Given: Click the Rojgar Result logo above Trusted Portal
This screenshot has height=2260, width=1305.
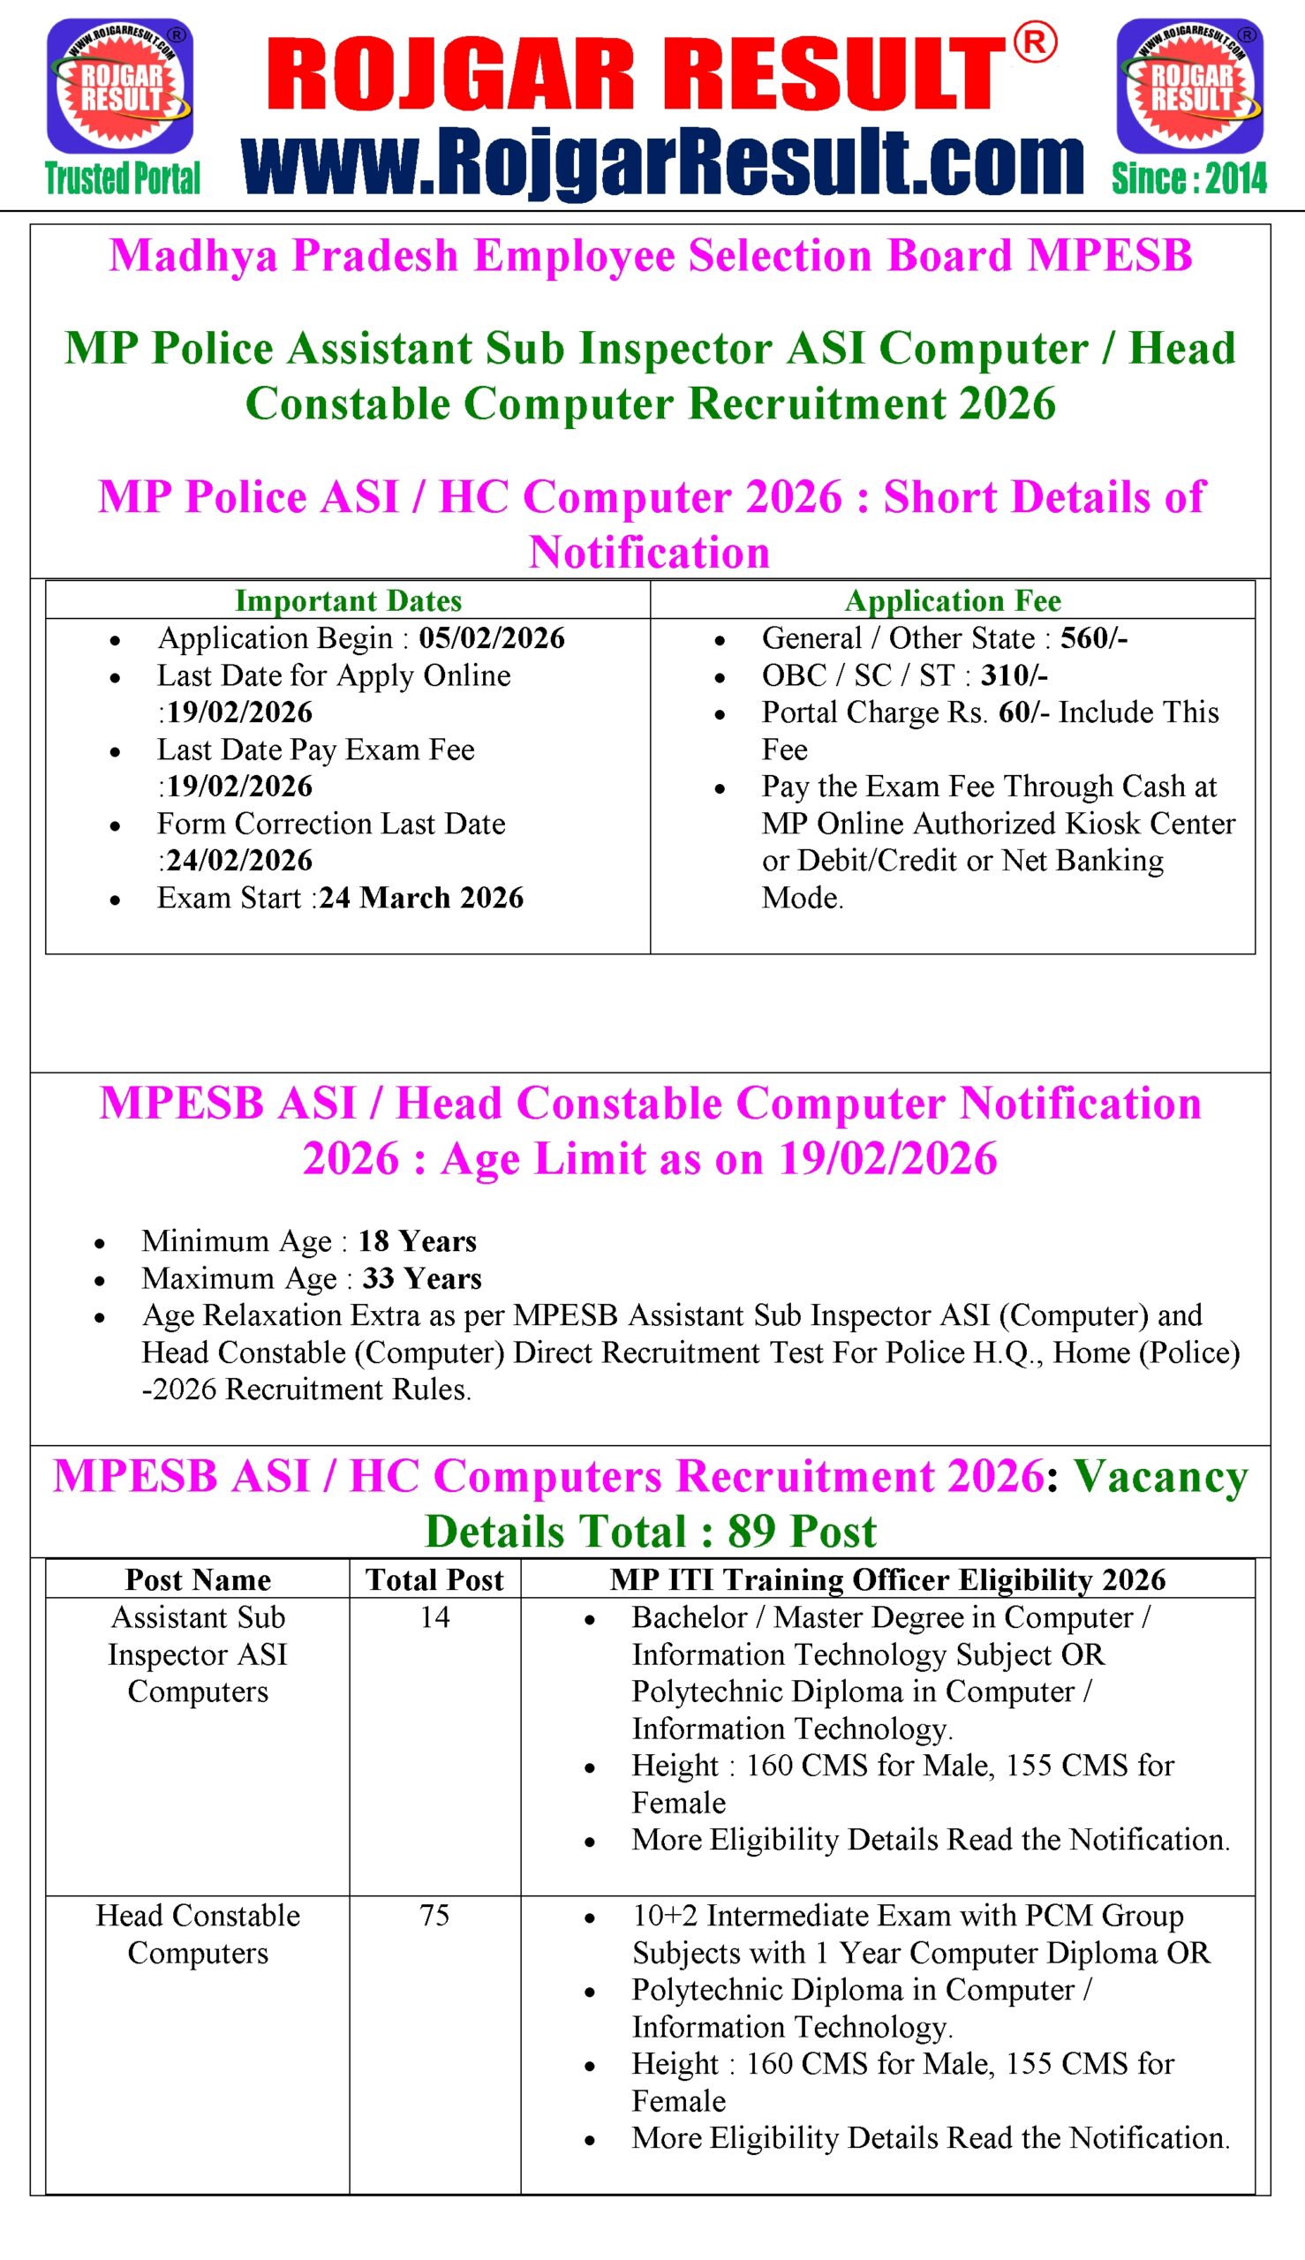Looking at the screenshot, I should (x=120, y=87).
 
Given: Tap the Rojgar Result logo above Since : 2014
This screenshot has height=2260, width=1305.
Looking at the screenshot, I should (x=1189, y=87).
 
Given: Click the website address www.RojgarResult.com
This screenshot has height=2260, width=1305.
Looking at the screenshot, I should (x=662, y=162).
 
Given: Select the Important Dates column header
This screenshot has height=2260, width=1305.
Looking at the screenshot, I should (x=348, y=600).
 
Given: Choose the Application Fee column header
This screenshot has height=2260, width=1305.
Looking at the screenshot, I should (x=953, y=600).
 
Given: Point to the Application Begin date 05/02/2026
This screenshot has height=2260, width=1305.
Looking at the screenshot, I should (x=491, y=638).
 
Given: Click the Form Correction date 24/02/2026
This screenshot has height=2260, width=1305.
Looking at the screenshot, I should (x=239, y=860).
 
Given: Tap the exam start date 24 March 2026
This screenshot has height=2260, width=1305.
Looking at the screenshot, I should (x=421, y=898).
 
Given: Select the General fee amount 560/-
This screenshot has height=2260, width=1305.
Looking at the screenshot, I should (x=1093, y=638).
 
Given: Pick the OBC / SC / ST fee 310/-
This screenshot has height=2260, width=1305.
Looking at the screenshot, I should (x=1014, y=675).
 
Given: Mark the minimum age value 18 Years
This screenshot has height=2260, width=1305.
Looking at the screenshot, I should (x=417, y=1241).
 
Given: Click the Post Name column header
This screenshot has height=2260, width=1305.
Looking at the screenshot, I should (x=198, y=1580).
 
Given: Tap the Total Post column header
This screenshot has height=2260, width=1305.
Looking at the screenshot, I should (x=434, y=1580).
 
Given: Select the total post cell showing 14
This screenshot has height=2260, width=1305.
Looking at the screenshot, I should (x=434, y=1617).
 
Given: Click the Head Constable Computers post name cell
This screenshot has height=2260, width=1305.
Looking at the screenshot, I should (x=198, y=1934).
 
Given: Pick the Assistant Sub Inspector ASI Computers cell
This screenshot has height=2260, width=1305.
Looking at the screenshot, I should (x=198, y=1654).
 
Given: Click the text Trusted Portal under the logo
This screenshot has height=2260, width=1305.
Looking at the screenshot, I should (x=123, y=179).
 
